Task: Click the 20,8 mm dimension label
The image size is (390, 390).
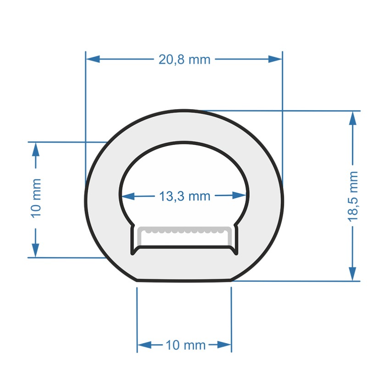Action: pyautogui.click(x=184, y=59)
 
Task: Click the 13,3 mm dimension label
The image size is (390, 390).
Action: pyautogui.click(x=184, y=196)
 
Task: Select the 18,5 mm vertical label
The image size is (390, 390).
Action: pyautogui.click(x=353, y=196)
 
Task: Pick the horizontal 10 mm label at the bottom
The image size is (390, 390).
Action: pyautogui.click(x=185, y=345)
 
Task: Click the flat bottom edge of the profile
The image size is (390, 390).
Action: pyautogui.click(x=184, y=280)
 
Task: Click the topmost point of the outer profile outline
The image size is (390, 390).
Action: pyautogui.click(x=184, y=111)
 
